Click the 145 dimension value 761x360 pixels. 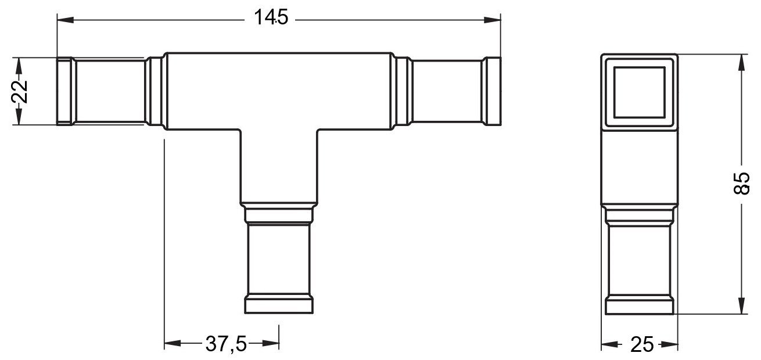point(271,17)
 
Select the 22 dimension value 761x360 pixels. point(19,92)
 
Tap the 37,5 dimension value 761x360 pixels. point(226,344)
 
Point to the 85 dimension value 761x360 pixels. point(741,183)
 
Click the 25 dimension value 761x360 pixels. point(642,344)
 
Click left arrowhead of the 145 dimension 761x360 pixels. point(66,20)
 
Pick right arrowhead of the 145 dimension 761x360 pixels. point(492,20)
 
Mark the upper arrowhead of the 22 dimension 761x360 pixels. point(19,66)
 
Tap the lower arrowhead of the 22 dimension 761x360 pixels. point(19,116)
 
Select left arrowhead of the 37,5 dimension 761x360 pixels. point(173,343)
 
